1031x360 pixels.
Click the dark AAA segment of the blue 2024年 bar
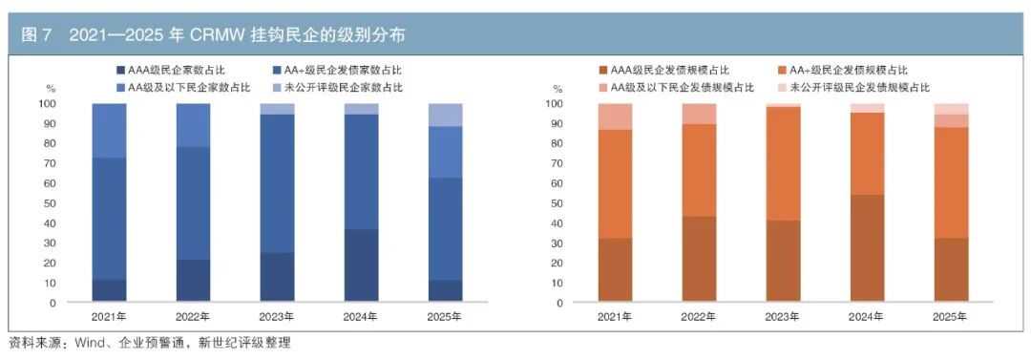click(361, 265)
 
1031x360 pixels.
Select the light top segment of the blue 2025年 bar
click(445, 115)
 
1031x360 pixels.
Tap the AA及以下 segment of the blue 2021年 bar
click(109, 130)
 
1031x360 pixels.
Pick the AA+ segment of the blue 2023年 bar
click(277, 183)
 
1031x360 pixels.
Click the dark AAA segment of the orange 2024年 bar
click(867, 249)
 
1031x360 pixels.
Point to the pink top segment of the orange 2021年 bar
click(615, 116)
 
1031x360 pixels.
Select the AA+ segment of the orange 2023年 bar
click(783, 163)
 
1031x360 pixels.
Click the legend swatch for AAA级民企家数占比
click(119, 70)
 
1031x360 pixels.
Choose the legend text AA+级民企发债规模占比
click(849, 70)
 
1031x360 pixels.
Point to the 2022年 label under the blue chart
click(193, 317)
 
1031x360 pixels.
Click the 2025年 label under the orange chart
click(951, 317)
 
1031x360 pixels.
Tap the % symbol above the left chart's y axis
click(52, 88)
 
